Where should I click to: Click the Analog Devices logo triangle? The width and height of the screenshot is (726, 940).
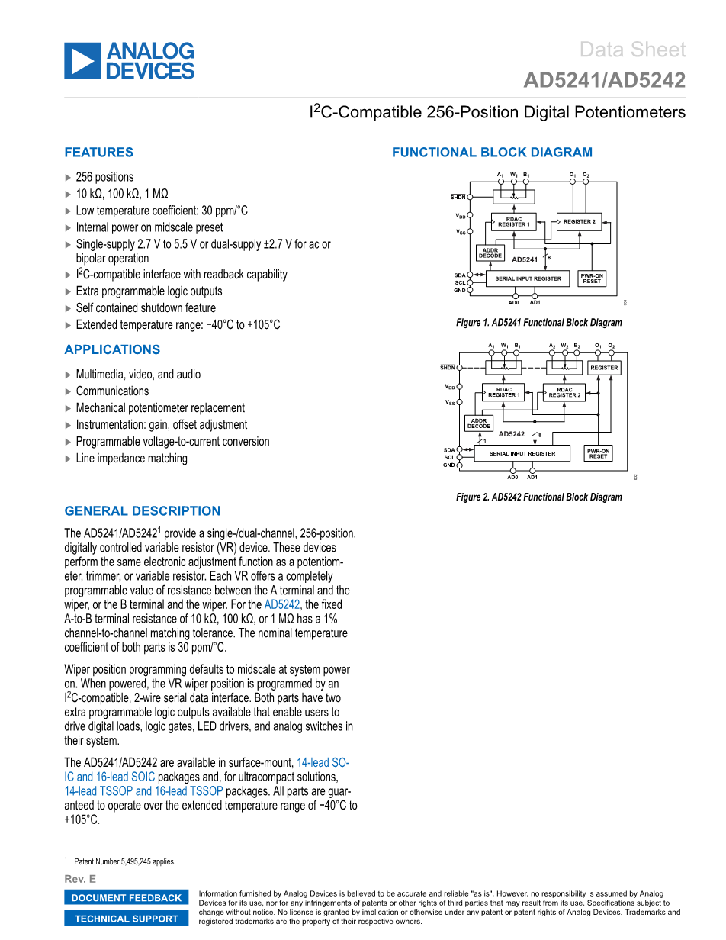pyautogui.click(x=82, y=61)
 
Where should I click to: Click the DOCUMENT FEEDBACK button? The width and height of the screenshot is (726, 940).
pyautogui.click(x=127, y=898)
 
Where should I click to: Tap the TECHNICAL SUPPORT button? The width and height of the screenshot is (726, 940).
pyautogui.click(x=127, y=919)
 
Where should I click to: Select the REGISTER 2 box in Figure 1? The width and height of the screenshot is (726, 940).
pyautogui.click(x=580, y=222)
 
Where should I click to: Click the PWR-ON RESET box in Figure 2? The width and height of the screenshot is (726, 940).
pyautogui.click(x=599, y=453)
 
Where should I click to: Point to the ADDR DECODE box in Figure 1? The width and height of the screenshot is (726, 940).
pyautogui.click(x=490, y=253)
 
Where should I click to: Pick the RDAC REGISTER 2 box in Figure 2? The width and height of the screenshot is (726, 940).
pyautogui.click(x=565, y=392)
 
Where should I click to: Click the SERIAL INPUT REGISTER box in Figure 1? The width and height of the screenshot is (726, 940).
pyautogui.click(x=528, y=278)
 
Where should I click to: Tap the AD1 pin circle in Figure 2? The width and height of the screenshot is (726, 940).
pyautogui.click(x=532, y=471)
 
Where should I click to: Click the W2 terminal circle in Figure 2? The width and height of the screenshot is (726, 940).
pyautogui.click(x=565, y=352)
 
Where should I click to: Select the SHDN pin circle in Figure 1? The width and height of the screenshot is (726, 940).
pyautogui.click(x=470, y=196)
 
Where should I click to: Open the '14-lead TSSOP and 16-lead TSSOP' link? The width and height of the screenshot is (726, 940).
pyautogui.click(x=144, y=791)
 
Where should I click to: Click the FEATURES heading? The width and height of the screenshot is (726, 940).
pyautogui.click(x=99, y=153)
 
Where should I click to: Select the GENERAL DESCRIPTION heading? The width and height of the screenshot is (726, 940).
pyautogui.click(x=143, y=511)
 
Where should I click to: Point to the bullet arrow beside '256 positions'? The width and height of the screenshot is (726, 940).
pyautogui.click(x=69, y=177)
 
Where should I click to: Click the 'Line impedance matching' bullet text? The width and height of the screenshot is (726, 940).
pyautogui.click(x=131, y=459)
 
